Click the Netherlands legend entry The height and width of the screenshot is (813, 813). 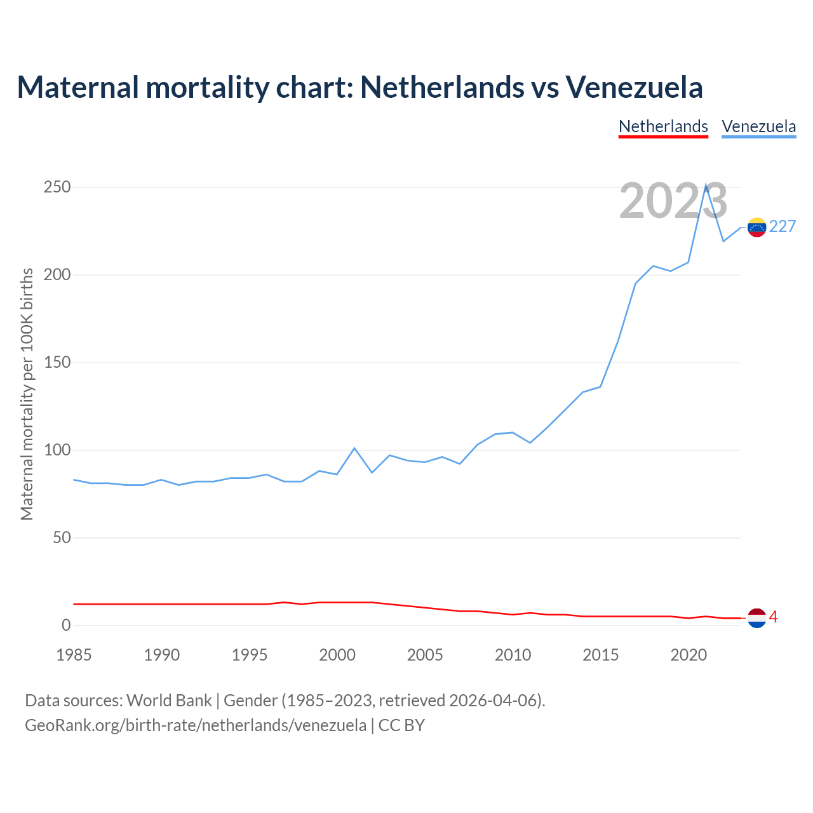tap(663, 126)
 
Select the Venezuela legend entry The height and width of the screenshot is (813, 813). tap(758, 126)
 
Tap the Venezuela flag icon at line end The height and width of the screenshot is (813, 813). tap(756, 227)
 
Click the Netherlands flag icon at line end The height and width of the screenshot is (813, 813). tap(756, 617)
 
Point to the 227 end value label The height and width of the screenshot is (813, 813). tap(783, 227)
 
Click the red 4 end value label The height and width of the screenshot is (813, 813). tap(773, 617)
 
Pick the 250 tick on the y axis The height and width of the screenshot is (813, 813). tap(57, 187)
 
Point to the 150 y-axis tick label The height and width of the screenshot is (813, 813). tap(57, 363)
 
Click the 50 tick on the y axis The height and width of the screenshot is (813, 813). tap(62, 538)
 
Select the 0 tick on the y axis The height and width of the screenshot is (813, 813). tap(66, 626)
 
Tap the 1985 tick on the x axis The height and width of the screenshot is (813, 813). tap(74, 655)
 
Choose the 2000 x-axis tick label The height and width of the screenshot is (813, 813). tap(337, 655)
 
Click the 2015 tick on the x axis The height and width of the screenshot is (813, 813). tap(600, 655)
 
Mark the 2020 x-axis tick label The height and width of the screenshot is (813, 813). tap(689, 655)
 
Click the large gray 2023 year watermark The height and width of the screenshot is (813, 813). tap(673, 201)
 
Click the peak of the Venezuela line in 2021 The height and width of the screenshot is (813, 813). tap(706, 185)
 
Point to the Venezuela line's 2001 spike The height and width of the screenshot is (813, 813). tap(354, 448)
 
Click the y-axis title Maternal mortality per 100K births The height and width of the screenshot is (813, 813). tap(27, 394)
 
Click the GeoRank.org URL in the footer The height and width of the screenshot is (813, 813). tap(196, 725)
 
